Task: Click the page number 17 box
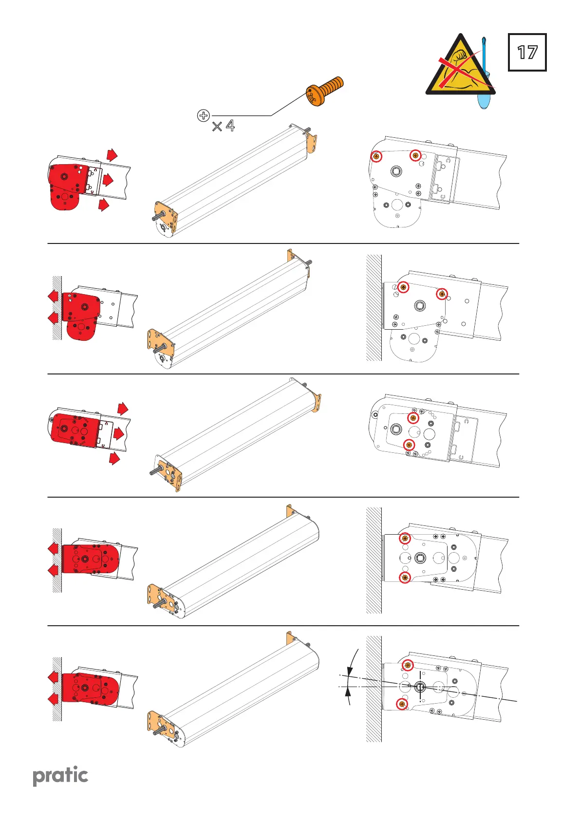[527, 53]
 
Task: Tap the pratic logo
[60, 776]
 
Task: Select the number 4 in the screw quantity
[230, 126]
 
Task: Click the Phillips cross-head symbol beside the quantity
[203, 115]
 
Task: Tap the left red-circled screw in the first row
[376, 156]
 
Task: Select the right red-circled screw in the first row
[415, 155]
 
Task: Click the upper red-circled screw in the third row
[413, 418]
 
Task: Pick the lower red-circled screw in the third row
[409, 445]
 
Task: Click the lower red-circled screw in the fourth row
[405, 578]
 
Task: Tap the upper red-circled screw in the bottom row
[408, 665]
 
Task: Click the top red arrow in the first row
[112, 155]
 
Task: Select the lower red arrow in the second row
[53, 318]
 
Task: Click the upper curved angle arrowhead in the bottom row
[349, 671]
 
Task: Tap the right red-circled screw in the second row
[442, 294]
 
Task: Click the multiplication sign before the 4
[217, 127]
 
